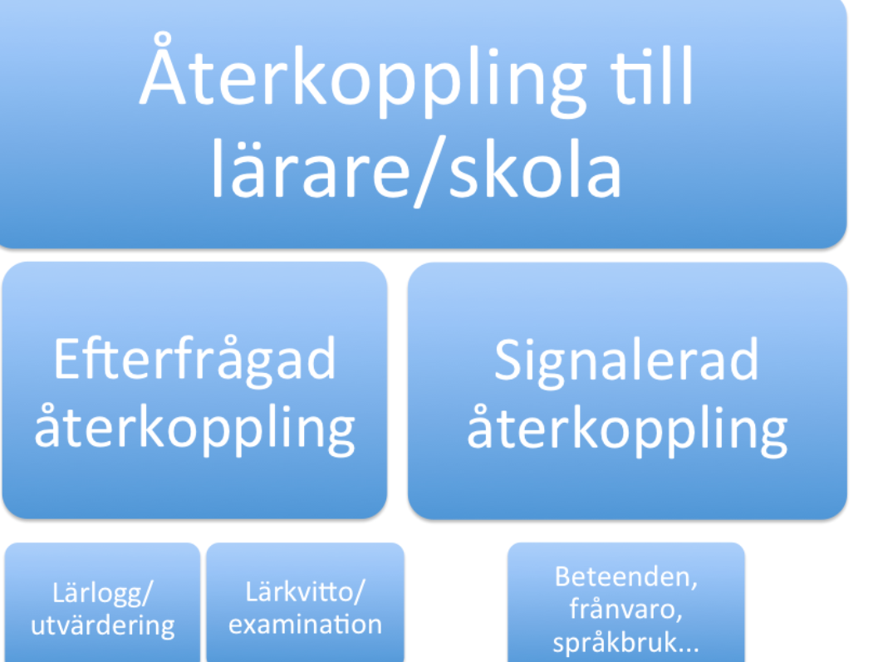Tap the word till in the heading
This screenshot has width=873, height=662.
(x=651, y=75)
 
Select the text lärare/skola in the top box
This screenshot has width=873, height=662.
(x=416, y=169)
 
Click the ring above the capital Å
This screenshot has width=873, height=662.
(x=162, y=40)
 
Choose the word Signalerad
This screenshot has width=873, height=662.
(x=626, y=360)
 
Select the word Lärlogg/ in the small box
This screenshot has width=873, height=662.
(x=102, y=594)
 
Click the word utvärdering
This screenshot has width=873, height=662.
(x=102, y=625)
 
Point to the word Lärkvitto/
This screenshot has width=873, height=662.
(x=305, y=592)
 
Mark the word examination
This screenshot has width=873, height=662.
(x=305, y=625)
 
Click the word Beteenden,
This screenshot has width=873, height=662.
(x=626, y=576)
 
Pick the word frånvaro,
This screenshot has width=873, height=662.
(x=625, y=609)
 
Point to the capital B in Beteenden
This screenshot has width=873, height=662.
(x=563, y=576)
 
